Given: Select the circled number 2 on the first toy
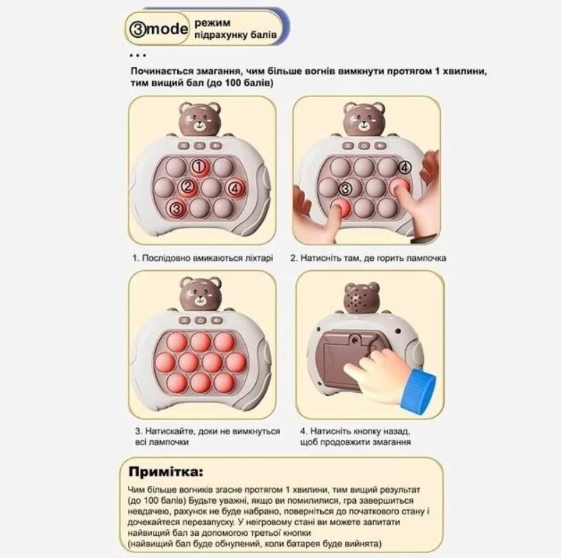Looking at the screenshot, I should pyautogui.click(x=188, y=188).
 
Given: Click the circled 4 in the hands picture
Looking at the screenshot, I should pyautogui.click(x=404, y=168).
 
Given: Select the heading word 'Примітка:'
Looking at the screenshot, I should pyautogui.click(x=166, y=472).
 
